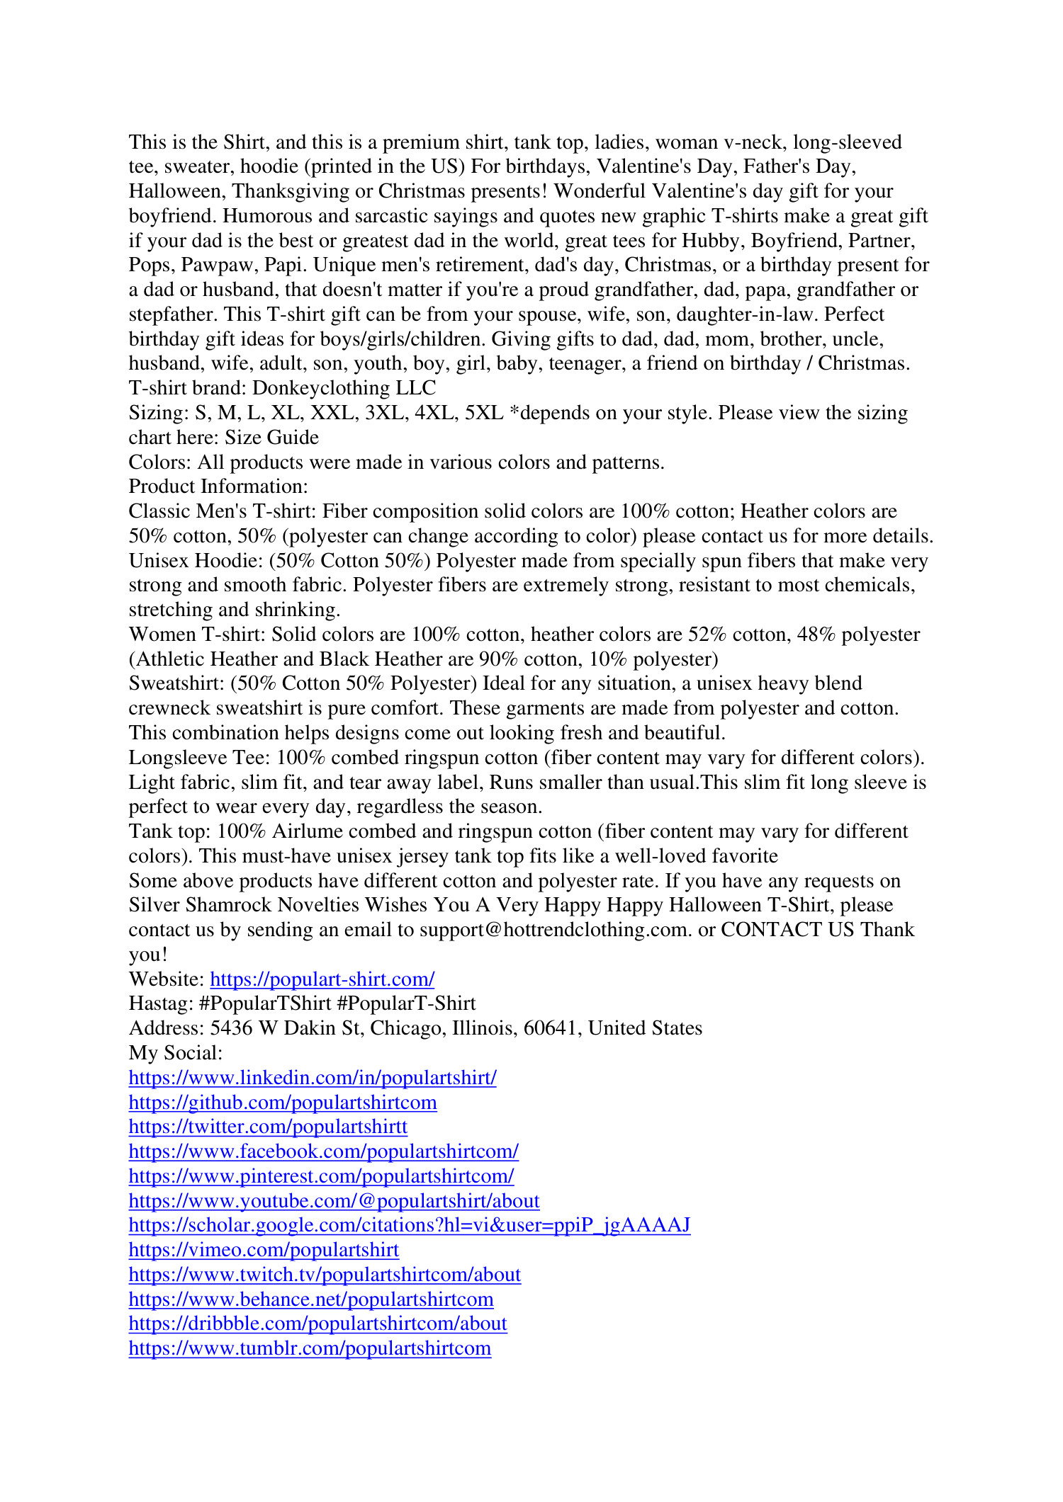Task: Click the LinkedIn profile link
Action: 313,1078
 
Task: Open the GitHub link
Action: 283,1103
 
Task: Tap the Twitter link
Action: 268,1127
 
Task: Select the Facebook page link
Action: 324,1151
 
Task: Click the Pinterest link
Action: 321,1176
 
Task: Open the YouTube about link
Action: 334,1201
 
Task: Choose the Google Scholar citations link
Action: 409,1225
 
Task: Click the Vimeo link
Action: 264,1250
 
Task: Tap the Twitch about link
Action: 325,1275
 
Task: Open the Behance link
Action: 311,1299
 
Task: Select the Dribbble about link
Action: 317,1324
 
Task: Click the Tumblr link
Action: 310,1348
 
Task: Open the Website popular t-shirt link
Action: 322,979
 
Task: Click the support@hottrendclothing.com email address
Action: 554,930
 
